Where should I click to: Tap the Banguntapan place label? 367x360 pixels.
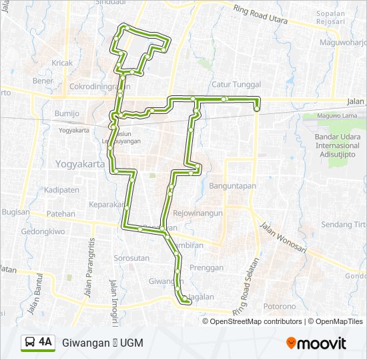233,186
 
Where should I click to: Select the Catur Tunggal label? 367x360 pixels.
236,85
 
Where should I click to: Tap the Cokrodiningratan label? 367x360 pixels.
99,86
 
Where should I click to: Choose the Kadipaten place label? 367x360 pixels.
63,189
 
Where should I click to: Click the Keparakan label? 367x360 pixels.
107,204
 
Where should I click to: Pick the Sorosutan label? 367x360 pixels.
131,257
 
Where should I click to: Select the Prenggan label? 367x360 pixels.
206,267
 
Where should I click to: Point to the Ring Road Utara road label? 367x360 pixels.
261,14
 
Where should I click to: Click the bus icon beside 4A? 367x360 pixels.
30,343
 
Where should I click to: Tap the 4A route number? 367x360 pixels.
45,342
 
